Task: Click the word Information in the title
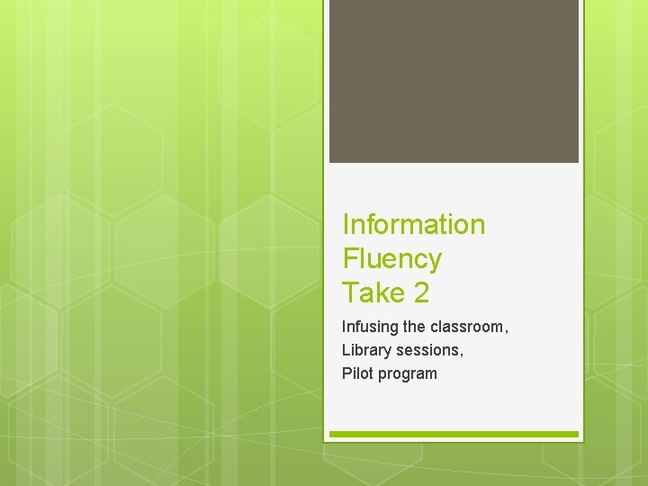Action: (x=413, y=225)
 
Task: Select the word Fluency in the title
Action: (x=391, y=259)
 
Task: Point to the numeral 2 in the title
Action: (x=419, y=292)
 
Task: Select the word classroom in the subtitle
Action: (x=465, y=327)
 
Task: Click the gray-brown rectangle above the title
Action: (x=454, y=81)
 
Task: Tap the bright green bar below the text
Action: (x=454, y=434)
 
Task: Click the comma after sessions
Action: (x=462, y=355)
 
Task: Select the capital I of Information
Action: (x=346, y=225)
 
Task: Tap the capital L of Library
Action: (x=346, y=350)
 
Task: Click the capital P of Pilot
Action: (x=346, y=373)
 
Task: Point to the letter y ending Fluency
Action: (x=435, y=262)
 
